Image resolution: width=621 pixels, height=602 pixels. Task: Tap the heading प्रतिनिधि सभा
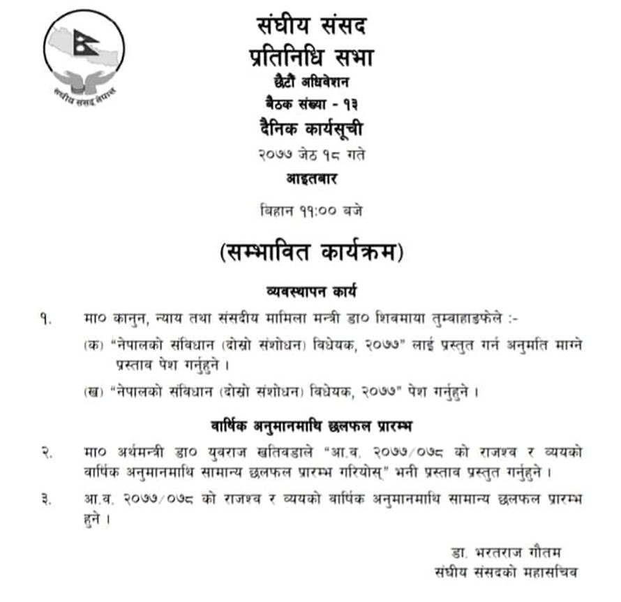click(x=310, y=57)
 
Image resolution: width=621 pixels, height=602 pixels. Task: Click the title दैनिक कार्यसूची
click(x=310, y=128)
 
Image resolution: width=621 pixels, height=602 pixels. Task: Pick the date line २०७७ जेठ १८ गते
click(x=310, y=154)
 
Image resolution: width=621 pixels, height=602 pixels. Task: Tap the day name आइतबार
click(x=310, y=179)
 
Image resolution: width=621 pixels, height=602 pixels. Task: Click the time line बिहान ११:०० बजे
click(x=310, y=209)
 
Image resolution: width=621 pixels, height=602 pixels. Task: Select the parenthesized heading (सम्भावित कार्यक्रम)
click(x=310, y=252)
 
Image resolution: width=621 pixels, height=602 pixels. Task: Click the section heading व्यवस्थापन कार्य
click(x=310, y=288)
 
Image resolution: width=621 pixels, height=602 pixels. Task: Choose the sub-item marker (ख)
click(x=92, y=391)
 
